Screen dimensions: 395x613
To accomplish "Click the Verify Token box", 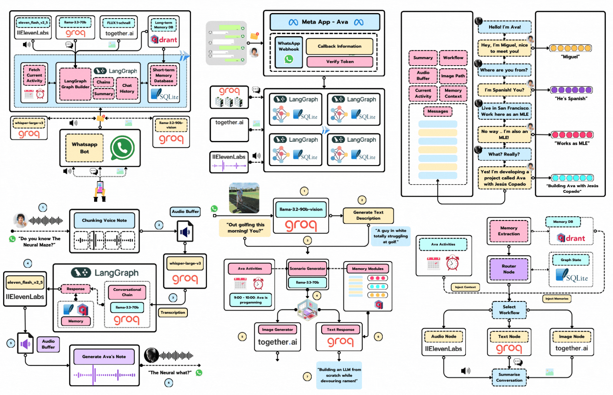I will pos(340,62).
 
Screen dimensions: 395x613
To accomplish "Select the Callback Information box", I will pos(339,46).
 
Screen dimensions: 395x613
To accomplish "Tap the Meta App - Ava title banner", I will pos(325,22).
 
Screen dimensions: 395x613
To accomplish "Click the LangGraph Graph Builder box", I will pos(75,84).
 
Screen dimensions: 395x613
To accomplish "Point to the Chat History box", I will pos(127,88).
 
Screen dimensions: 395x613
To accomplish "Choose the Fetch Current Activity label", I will pos(34,75).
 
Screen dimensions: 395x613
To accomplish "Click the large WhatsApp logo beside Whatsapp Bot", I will pos(122,148).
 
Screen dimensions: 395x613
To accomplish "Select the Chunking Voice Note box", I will pos(104,220).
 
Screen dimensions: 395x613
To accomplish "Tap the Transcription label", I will pos(173,312).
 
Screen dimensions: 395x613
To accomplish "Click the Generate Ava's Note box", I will pos(104,357).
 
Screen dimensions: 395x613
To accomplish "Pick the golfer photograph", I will pos(244,198).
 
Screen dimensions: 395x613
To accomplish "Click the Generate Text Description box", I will pos(368,215).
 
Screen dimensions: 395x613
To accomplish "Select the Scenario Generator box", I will pos(307,269).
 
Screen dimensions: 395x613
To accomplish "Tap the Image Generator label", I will pos(277,329).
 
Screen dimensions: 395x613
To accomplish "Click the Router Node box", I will pos(509,269).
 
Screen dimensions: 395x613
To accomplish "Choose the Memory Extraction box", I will pos(509,231).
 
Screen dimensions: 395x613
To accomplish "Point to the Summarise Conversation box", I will pos(509,377).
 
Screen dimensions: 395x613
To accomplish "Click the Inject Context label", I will pos(465,287).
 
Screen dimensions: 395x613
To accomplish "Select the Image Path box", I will pos(453,76).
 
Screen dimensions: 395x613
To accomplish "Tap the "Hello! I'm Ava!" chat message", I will pos(504,27).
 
